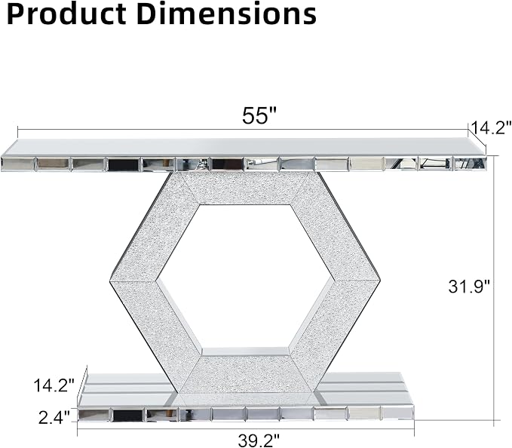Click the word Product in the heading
66,14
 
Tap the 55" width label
259,115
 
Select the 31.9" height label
469,287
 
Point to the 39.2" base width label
259,440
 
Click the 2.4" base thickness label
54,418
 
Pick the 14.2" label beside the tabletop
490,127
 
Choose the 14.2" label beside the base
54,385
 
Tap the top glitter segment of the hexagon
245,189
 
